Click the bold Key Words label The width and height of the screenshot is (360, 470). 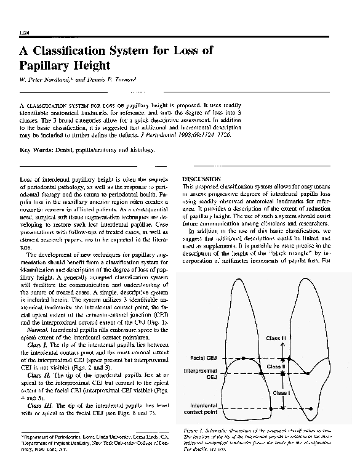coord(39,150)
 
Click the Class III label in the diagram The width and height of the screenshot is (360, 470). coord(276,338)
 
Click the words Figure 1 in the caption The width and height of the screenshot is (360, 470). coord(196,429)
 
